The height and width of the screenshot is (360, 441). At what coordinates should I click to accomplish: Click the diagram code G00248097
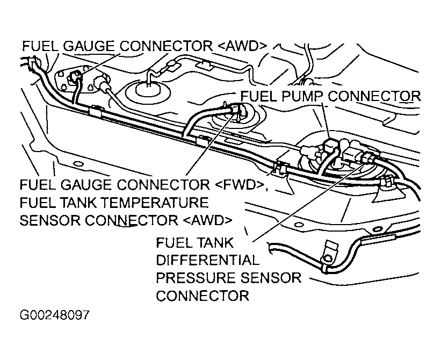[55, 315]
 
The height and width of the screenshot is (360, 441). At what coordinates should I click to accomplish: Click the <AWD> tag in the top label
[242, 46]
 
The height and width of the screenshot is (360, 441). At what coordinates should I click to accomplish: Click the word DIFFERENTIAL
[207, 260]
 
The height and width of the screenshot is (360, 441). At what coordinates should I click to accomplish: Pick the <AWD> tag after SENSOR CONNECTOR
[208, 220]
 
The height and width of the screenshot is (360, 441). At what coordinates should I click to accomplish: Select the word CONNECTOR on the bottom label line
[203, 296]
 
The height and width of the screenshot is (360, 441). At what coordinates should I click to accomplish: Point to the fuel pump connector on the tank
[329, 145]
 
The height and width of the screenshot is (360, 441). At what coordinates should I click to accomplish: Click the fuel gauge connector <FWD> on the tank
[237, 109]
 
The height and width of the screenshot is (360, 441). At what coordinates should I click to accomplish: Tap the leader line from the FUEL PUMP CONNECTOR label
[326, 120]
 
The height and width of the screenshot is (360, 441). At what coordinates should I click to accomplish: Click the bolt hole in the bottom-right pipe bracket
[328, 258]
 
